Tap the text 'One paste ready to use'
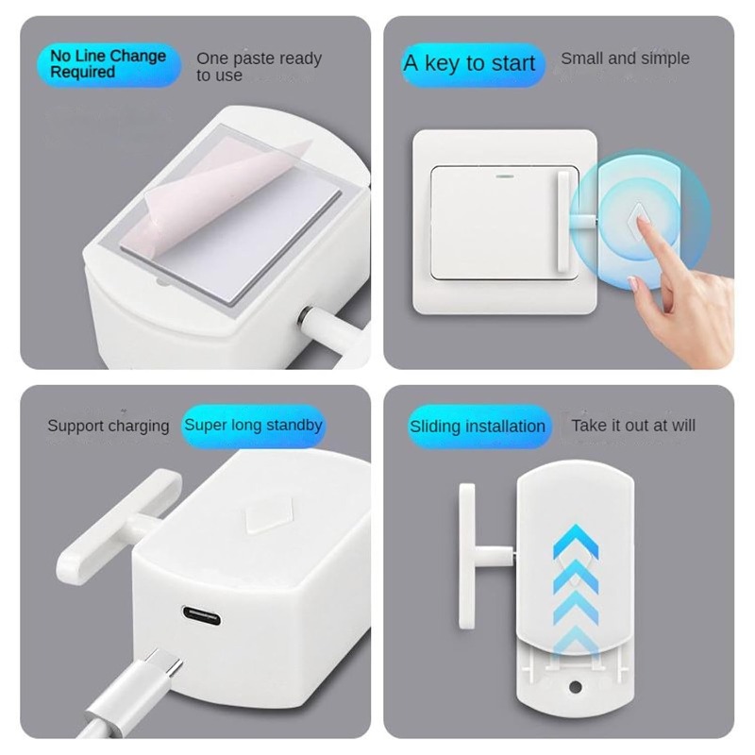pyautogui.click(x=259, y=67)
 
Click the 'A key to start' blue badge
pyautogui.click(x=469, y=64)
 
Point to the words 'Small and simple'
pyautogui.click(x=625, y=59)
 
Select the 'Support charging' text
pyautogui.click(x=109, y=426)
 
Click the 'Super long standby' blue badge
pyautogui.click(x=253, y=425)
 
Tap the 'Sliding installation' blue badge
pyautogui.click(x=478, y=427)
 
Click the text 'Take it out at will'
pyautogui.click(x=633, y=426)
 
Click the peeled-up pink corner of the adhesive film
pyautogui.click(x=283, y=156)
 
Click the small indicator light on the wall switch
pyautogui.click(x=501, y=176)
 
